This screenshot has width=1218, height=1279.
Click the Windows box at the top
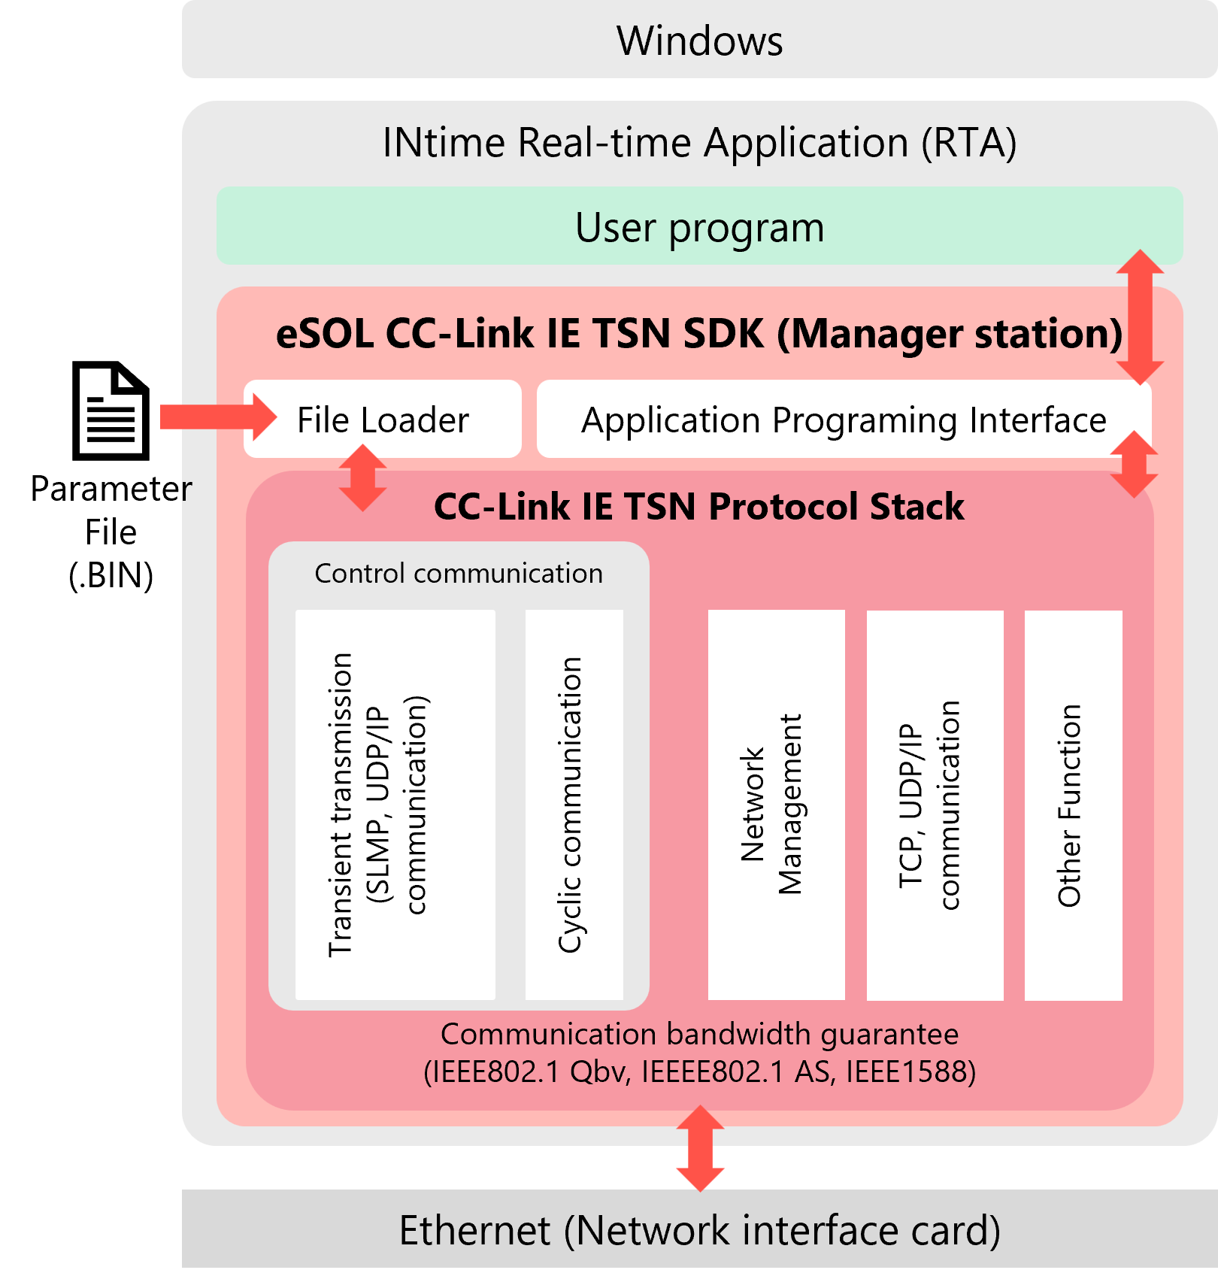699,41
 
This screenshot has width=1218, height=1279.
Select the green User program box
699,226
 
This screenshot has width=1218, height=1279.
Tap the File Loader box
383,420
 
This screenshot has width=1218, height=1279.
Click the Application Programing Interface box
844,420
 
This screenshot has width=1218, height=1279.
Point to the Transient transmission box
395,805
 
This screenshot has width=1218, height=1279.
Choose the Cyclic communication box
574,805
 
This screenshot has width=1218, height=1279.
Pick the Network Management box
776,805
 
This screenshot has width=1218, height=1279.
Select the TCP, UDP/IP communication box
935,805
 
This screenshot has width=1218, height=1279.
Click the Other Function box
1073,805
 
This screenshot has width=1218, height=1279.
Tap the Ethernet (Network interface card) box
699,1230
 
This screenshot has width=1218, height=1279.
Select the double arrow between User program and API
1140,317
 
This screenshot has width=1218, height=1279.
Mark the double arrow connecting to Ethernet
700,1148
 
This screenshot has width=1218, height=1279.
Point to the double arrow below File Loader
363,478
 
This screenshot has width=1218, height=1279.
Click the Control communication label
459,574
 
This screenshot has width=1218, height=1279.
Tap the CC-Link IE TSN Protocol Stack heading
699,507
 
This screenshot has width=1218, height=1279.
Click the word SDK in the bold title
723,334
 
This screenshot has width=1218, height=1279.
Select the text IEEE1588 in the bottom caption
910,1071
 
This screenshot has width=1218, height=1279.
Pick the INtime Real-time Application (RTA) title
699,143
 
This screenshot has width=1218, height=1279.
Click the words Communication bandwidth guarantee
699,1035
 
